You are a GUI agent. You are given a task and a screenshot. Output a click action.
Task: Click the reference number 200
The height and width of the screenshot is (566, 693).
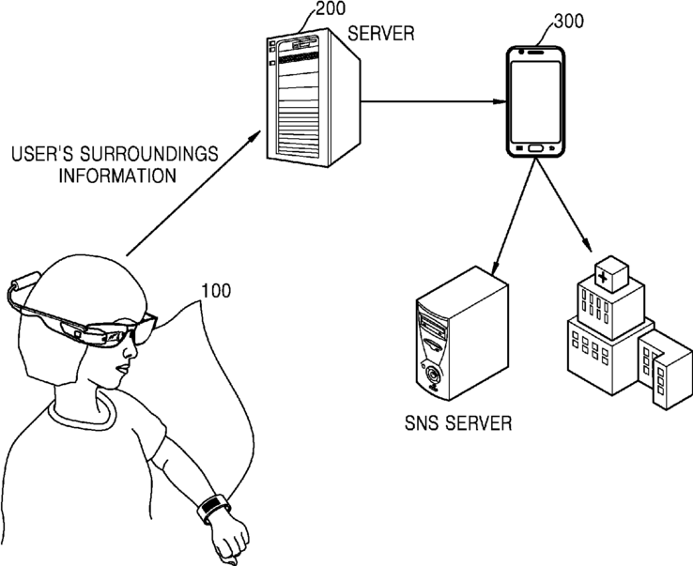[331, 8]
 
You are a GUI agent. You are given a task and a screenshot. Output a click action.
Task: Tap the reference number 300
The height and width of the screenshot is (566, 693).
[568, 22]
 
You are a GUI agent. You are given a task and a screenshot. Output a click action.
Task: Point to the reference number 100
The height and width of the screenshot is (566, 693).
[216, 291]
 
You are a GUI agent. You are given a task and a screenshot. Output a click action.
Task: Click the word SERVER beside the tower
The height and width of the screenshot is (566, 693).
[381, 34]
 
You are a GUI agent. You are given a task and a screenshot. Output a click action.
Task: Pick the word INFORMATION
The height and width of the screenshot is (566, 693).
[117, 176]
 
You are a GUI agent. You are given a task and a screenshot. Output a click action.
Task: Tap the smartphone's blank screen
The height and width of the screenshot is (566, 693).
[535, 101]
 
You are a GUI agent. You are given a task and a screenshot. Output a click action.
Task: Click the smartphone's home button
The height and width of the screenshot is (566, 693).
[535, 148]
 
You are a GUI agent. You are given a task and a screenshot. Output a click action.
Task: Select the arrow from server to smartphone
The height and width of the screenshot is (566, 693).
[433, 101]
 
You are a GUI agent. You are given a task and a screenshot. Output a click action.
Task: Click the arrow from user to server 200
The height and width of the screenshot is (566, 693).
[193, 192]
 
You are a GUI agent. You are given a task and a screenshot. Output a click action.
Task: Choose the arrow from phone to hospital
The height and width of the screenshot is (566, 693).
[563, 205]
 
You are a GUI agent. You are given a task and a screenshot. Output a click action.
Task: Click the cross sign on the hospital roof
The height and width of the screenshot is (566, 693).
[602, 277]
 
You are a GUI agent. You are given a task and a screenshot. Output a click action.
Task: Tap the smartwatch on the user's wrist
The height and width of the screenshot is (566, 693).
[212, 508]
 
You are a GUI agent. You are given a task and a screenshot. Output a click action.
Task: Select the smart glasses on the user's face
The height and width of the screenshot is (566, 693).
[82, 316]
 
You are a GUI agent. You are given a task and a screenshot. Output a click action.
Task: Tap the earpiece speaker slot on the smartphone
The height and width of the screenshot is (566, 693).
[535, 53]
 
